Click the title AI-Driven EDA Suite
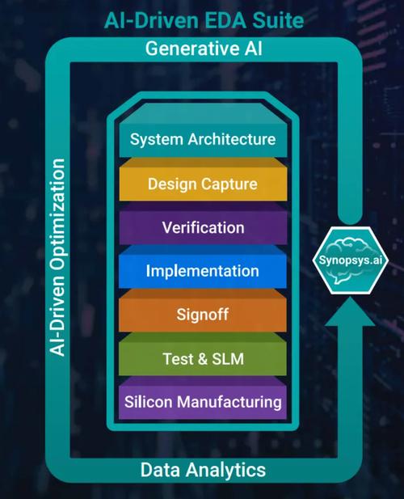click(204, 21)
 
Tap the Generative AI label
click(204, 49)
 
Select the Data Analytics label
click(203, 470)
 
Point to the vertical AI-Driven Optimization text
click(57, 257)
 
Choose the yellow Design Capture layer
click(203, 180)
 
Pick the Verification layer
click(203, 224)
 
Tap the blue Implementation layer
click(203, 268)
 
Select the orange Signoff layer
click(203, 311)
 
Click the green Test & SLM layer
click(203, 354)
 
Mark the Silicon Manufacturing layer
click(203, 398)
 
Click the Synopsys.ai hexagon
click(350, 260)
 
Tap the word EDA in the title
click(225, 21)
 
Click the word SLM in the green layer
click(228, 358)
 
